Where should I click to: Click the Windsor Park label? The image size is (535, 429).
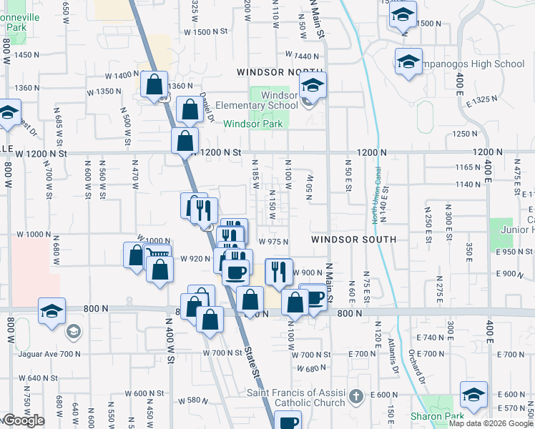click(x=253, y=124)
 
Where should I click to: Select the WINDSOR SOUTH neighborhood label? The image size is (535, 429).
click(x=353, y=240)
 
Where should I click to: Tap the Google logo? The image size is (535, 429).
click(x=24, y=420)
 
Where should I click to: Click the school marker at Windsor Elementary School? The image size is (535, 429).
click(x=313, y=86)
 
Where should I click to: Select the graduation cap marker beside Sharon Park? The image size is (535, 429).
click(x=473, y=395)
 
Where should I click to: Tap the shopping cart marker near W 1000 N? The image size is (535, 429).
click(x=157, y=254)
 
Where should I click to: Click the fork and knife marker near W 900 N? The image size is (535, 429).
click(x=279, y=271)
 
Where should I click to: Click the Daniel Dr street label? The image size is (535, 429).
click(x=207, y=107)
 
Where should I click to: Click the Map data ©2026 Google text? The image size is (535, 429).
click(x=491, y=423)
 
